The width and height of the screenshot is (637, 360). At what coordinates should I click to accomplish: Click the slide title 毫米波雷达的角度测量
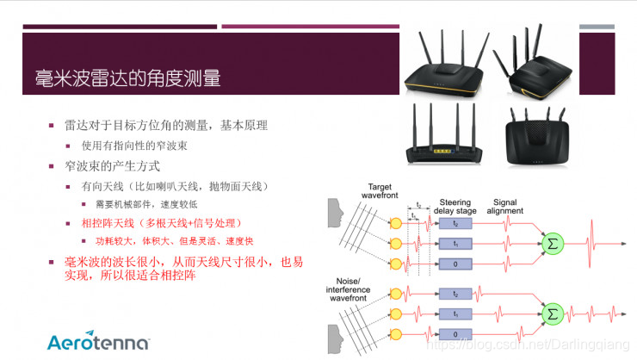click(121, 78)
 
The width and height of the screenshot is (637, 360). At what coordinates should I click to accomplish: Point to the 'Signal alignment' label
click(504, 208)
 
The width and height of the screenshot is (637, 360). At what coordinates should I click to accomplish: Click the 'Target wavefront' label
click(380, 191)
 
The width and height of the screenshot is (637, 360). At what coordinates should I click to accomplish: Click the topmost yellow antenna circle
click(395, 223)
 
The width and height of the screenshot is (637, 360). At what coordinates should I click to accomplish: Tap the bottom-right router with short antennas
click(543, 138)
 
